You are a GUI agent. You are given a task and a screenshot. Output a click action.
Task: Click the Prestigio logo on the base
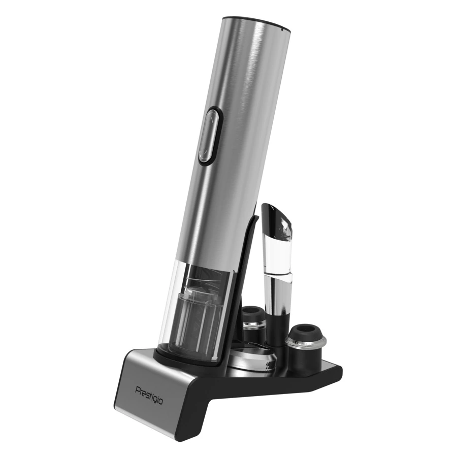click(x=149, y=396)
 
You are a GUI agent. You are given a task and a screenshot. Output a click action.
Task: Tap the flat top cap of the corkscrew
click(x=257, y=23)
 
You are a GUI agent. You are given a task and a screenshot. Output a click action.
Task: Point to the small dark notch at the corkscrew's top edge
click(x=281, y=28)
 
